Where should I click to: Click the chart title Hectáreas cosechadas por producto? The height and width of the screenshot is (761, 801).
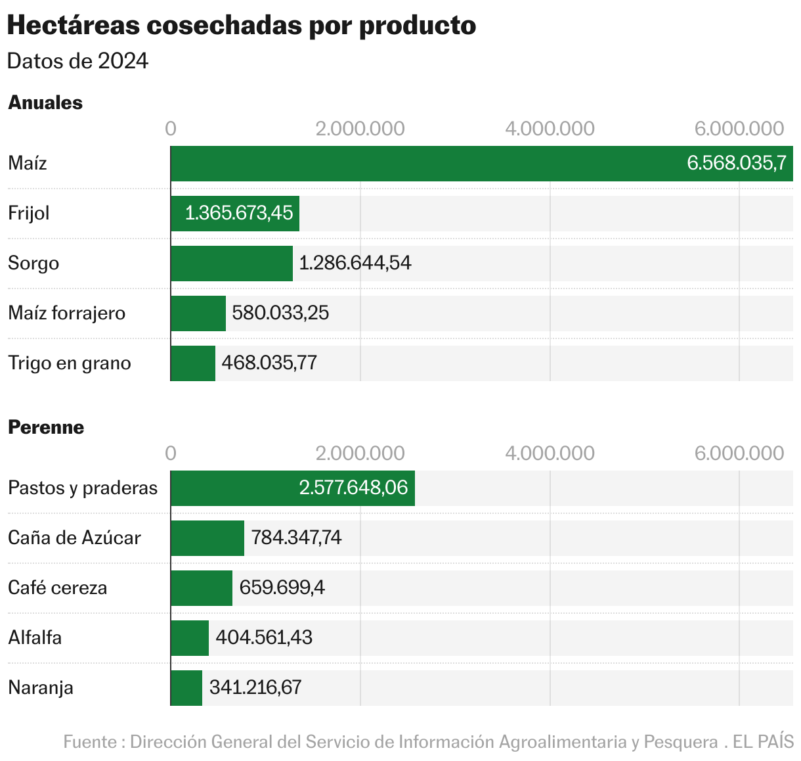click(241, 25)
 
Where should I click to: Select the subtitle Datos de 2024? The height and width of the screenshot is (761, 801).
click(77, 61)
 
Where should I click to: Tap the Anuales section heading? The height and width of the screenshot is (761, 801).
click(45, 103)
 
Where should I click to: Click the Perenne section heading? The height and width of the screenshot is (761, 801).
click(46, 427)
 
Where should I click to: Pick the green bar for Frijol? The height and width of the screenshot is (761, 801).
click(235, 214)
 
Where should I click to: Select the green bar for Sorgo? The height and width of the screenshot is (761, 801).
click(232, 264)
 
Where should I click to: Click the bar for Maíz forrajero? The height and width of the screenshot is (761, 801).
click(198, 313)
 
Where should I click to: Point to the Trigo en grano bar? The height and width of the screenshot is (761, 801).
click(193, 363)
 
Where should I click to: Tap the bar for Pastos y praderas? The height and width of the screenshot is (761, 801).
click(293, 488)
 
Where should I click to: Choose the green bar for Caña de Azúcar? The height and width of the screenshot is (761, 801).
click(207, 538)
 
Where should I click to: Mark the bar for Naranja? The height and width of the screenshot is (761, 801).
click(186, 688)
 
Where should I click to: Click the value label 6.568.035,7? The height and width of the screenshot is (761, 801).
click(736, 163)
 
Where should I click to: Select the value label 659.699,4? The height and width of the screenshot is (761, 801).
click(282, 588)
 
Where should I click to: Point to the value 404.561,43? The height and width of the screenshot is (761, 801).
click(264, 637)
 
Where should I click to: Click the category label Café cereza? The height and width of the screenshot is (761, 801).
click(58, 588)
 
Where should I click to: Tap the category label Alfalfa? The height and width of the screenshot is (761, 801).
click(35, 637)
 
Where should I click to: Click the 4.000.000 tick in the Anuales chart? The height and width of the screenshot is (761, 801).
click(550, 128)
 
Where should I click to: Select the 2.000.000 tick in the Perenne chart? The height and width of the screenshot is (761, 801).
click(360, 453)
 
